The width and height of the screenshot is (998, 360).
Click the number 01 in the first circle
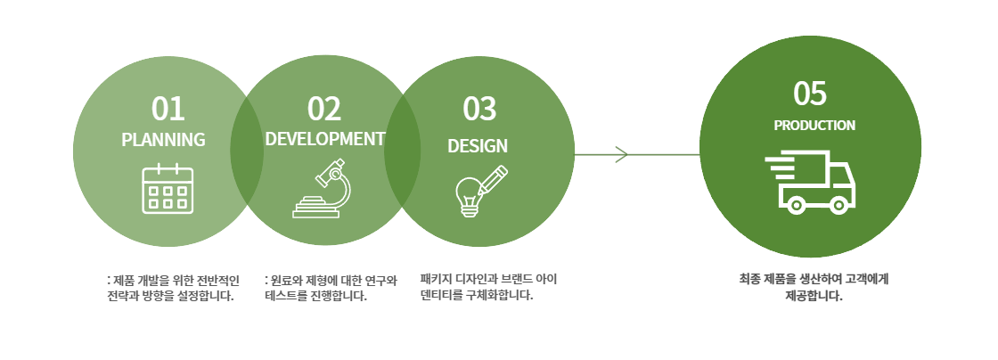pos(168,109)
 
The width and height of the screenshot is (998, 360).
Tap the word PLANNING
pos(164,139)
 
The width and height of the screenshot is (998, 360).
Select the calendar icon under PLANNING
pos(168,189)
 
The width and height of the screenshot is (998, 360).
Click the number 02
pos(324,109)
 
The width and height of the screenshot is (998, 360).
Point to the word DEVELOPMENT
pos(324,139)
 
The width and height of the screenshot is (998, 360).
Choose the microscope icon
pos(322,188)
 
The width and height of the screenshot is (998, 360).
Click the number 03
pos(479,109)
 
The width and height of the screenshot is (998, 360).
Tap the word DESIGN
pos(478,145)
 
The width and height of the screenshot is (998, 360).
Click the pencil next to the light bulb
pos(493,180)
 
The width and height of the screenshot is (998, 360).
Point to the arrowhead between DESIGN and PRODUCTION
pos(622,154)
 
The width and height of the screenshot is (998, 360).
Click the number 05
pos(810,94)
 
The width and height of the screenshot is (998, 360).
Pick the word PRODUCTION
pos(814,126)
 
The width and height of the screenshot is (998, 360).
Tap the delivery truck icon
pos(810,182)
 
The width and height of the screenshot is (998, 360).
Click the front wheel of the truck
pos(838,205)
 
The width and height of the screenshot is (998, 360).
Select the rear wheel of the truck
pos(796,205)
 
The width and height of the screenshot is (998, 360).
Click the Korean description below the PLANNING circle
pos(173,288)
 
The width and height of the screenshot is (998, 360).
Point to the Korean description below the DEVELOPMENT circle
pos(331,288)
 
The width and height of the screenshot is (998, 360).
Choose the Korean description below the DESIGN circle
pos(488,288)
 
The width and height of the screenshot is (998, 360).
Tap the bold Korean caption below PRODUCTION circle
pos(814,288)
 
